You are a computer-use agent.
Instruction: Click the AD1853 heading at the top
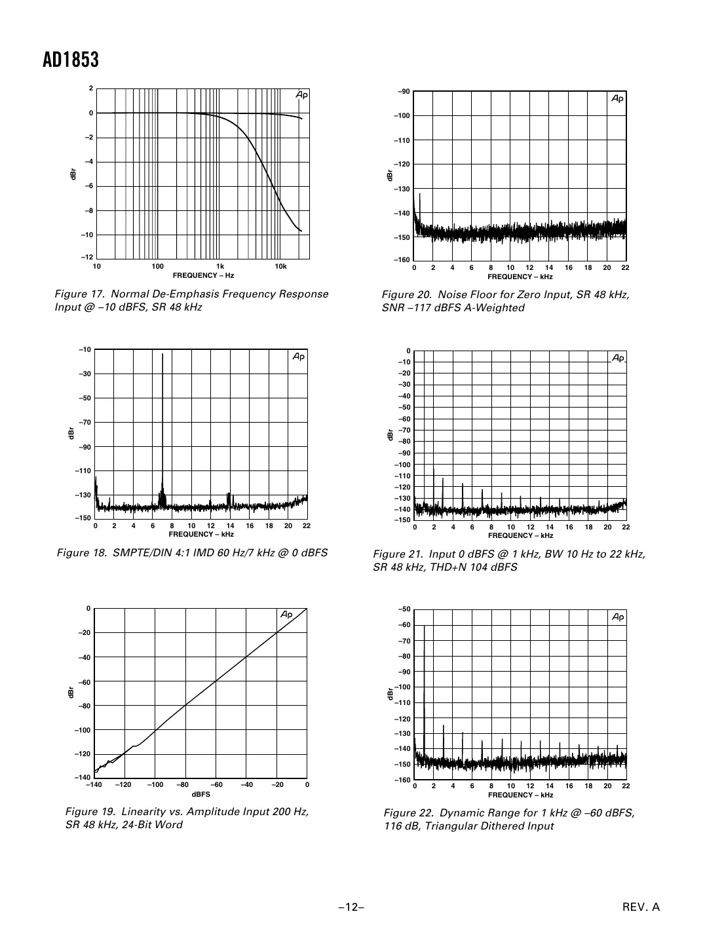71,60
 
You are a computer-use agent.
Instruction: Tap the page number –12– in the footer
351,908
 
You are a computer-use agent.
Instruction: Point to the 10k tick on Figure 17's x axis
280,267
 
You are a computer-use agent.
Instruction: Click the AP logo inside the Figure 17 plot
301,96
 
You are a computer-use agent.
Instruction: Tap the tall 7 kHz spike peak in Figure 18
162,354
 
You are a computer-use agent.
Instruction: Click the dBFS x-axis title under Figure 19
201,794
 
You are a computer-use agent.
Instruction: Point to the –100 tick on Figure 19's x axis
155,785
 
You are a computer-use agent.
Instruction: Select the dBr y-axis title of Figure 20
389,176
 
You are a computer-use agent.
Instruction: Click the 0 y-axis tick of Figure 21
408,351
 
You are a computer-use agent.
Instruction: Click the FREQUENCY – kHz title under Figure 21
520,535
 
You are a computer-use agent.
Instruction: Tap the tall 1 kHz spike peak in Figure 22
424,626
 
